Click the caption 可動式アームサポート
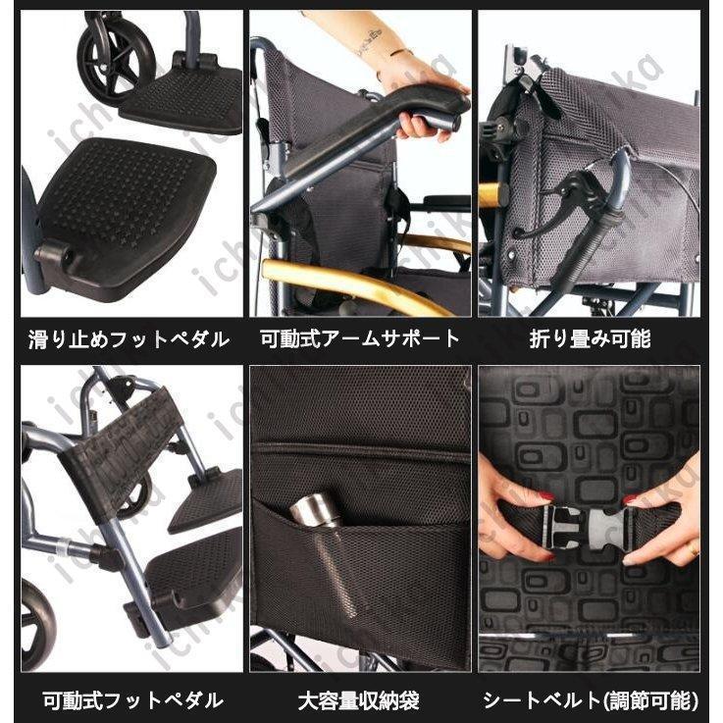coord(360,340)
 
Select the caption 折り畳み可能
coord(590,340)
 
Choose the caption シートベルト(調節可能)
coord(590,700)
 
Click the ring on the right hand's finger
coord(693,546)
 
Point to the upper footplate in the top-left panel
coord(186,98)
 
